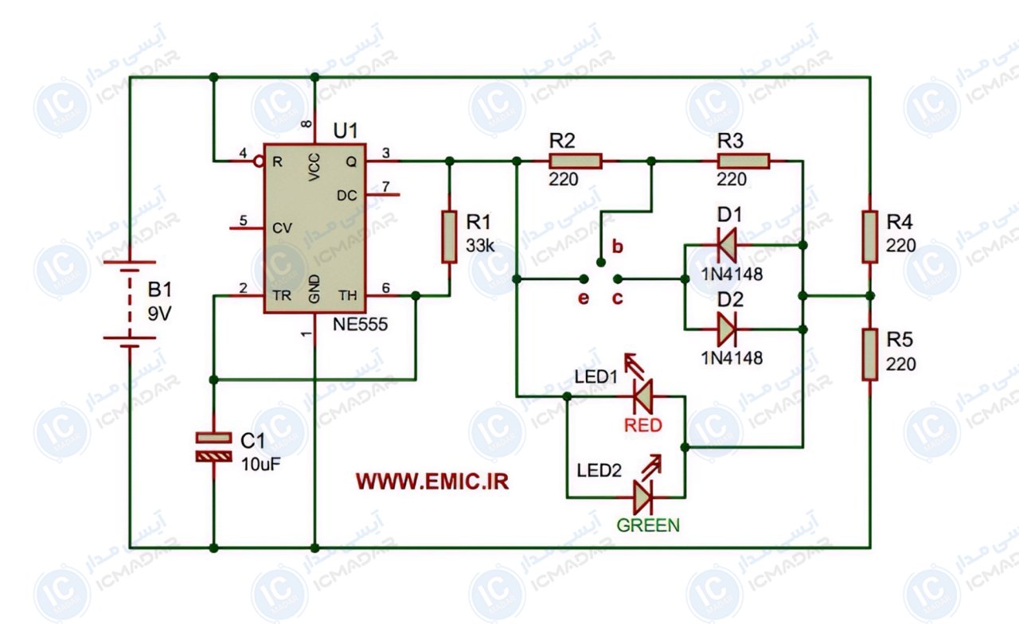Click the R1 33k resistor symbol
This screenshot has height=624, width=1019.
[x=450, y=236]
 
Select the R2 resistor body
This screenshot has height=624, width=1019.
[x=576, y=161]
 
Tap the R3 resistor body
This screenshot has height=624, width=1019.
[x=744, y=161]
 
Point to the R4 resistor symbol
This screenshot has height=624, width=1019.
[x=870, y=236]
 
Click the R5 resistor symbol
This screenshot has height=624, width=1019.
[x=870, y=354]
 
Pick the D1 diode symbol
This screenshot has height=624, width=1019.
[x=727, y=245]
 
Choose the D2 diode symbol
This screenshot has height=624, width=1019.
[x=727, y=330]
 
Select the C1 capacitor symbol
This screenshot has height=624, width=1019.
[x=214, y=447]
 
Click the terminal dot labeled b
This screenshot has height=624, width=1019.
[x=601, y=262]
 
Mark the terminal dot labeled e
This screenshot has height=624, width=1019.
[x=584, y=279]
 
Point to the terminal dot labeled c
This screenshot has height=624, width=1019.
[x=617, y=279]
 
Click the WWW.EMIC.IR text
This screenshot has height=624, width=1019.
[x=432, y=482]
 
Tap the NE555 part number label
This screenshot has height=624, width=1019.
[x=361, y=324]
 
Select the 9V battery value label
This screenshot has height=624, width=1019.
[x=160, y=314]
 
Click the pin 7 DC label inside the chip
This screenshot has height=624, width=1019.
[x=346, y=196]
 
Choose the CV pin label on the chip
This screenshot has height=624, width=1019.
[x=282, y=228]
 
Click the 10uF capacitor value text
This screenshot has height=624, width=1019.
[x=260, y=464]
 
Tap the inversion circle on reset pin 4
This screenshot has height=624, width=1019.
[x=259, y=162]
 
